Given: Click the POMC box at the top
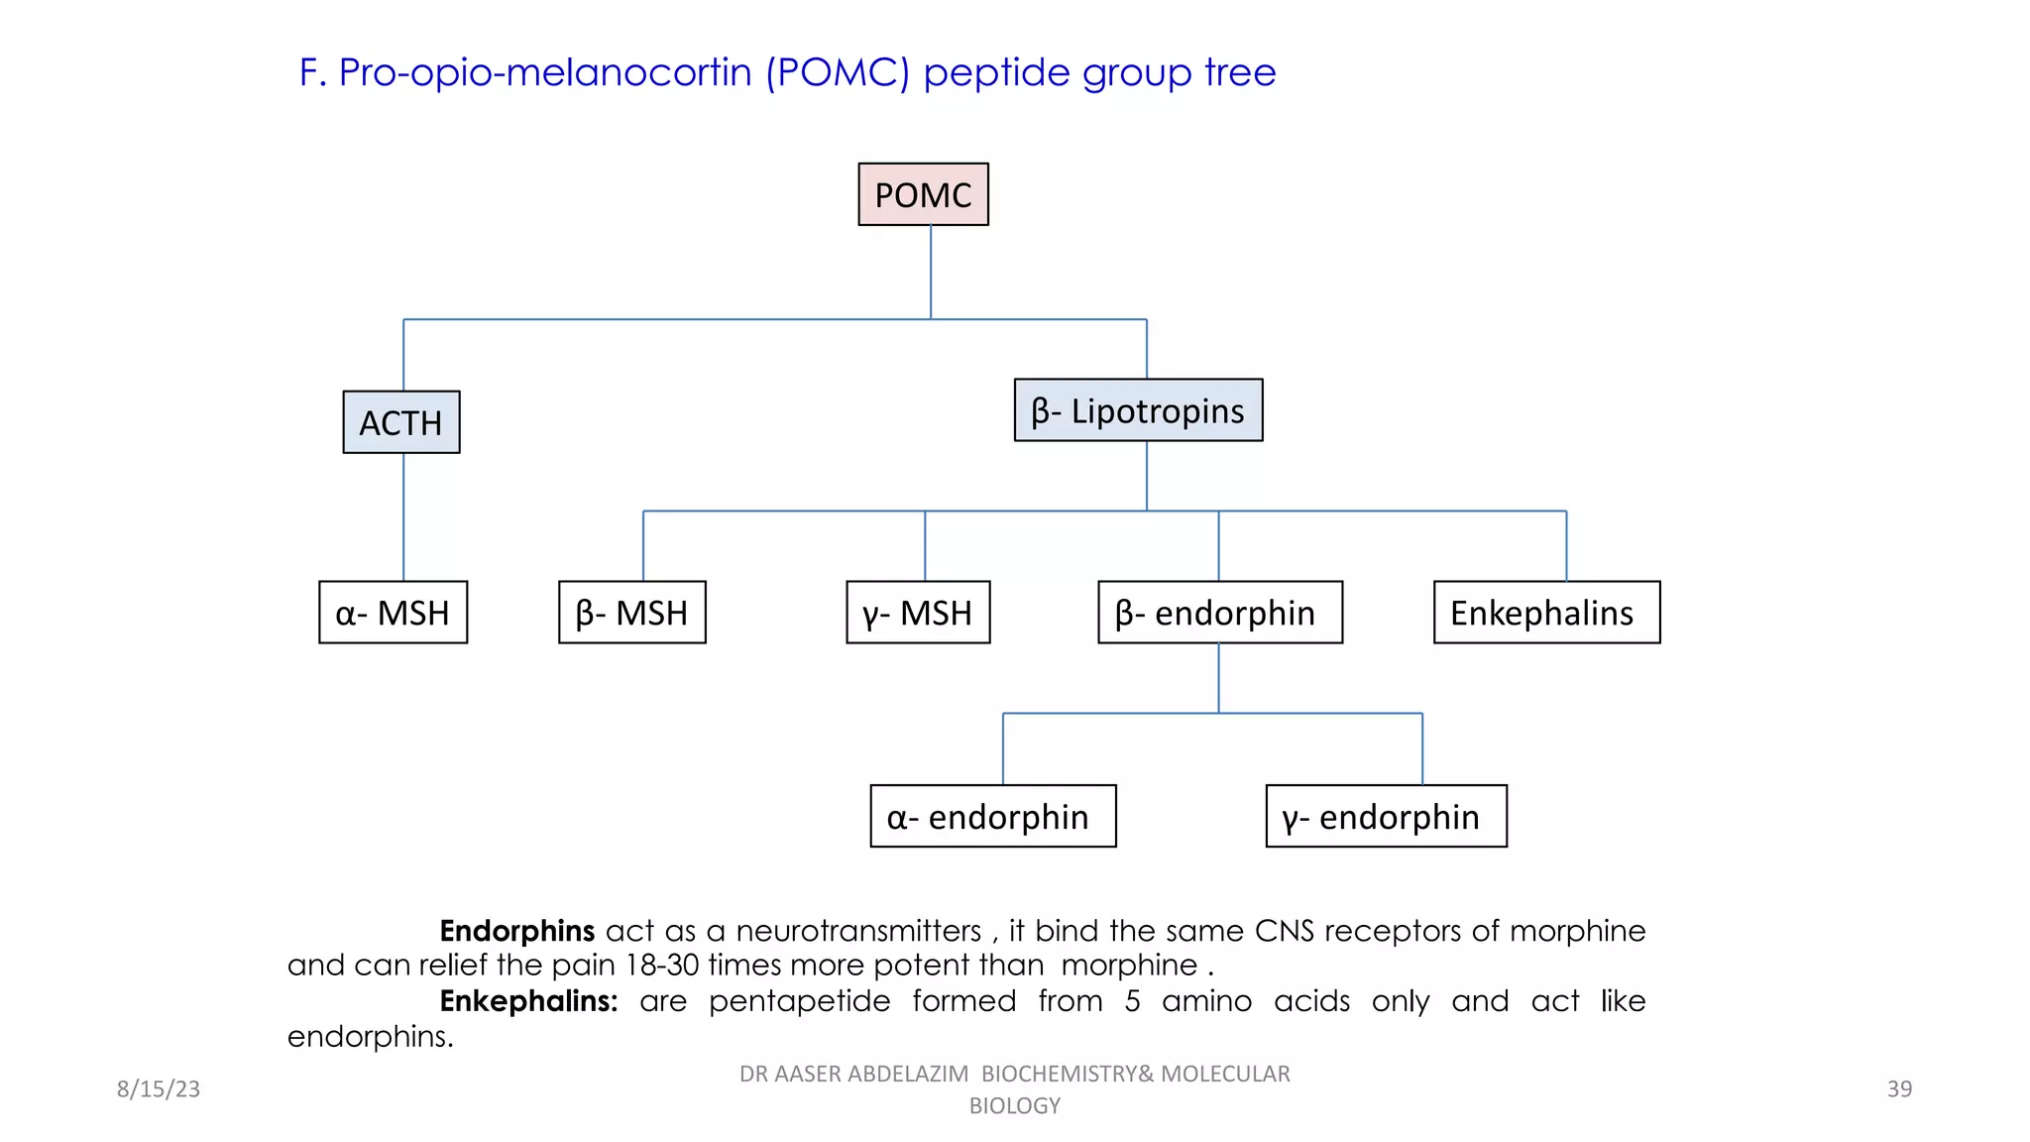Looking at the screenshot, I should [923, 194].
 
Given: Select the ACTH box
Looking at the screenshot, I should [401, 422].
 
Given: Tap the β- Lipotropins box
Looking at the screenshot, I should [1138, 410].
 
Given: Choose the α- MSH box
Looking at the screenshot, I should [393, 613].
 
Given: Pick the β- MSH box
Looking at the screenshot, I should [632, 613].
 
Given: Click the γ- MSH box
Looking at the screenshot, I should [918, 613].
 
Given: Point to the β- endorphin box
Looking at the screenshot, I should [1220, 613].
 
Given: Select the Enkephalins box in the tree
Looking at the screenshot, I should [1546, 613].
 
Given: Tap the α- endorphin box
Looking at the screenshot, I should [993, 816].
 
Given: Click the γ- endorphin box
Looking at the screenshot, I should [1386, 816].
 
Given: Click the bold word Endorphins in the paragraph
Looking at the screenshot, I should [516, 931].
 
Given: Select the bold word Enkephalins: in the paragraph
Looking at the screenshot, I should [528, 1001].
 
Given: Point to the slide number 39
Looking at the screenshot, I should [1899, 1088].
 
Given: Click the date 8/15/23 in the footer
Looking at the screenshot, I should [159, 1088].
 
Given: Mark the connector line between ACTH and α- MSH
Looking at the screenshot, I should [403, 516].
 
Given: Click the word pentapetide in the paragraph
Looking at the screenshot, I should [799, 1001].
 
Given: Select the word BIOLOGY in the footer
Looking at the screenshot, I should [1014, 1105].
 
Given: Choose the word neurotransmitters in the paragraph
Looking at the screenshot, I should [858, 931].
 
